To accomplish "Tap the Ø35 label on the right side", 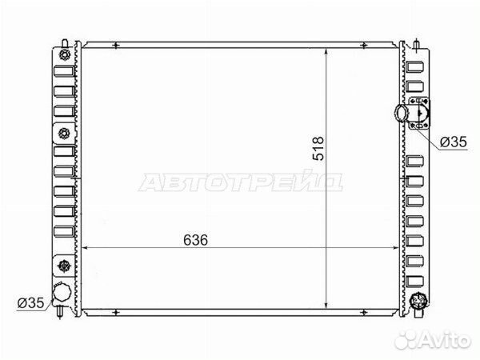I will point(453,142).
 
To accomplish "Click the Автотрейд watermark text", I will point(240,184).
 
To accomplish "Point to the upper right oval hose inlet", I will point(403,115).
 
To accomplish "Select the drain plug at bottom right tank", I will point(416,302).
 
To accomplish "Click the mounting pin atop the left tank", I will point(63,38).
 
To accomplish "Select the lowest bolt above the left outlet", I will point(63,266).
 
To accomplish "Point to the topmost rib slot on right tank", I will point(414,68).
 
